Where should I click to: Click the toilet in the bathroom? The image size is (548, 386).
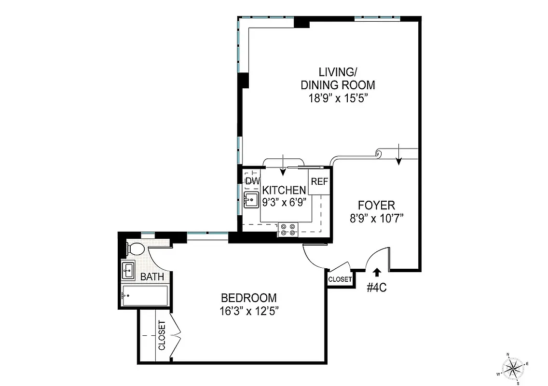tap(135, 249)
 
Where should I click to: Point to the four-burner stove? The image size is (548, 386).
tap(288, 229)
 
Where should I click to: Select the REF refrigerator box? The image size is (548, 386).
tap(319, 182)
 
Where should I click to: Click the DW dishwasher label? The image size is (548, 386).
tap(252, 181)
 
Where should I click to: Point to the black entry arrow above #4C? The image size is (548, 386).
tap(377, 273)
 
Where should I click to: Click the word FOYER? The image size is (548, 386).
tap(376, 205)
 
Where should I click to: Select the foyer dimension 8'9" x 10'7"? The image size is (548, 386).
tap(376, 218)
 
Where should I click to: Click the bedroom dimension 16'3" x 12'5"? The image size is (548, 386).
tap(249, 311)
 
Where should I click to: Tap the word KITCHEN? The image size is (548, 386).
tap(284, 190)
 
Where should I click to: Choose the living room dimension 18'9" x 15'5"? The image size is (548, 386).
tap(337, 98)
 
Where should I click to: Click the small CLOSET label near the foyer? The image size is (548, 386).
tap(340, 279)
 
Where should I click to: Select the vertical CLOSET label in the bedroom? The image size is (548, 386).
tap(162, 335)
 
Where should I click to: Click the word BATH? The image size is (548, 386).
tap(152, 277)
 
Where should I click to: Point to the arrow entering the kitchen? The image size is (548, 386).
tap(283, 165)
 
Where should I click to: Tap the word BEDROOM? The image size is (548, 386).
tap(248, 298)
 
